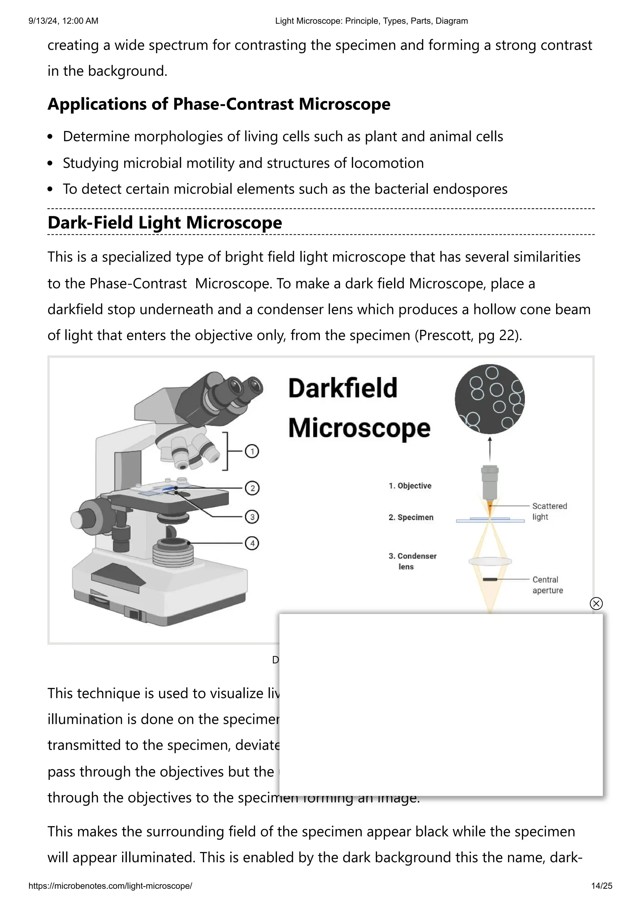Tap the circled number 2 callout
[x=252, y=488]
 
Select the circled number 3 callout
[x=252, y=516]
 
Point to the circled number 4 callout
[x=252, y=543]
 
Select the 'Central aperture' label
[x=547, y=585]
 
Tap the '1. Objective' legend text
[x=410, y=486]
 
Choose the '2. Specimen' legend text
[x=411, y=517]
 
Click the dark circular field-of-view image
[x=490, y=399]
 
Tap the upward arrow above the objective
[x=490, y=448]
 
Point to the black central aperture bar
[x=490, y=579]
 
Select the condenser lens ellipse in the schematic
[x=490, y=561]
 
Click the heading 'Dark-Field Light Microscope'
[x=165, y=223]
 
